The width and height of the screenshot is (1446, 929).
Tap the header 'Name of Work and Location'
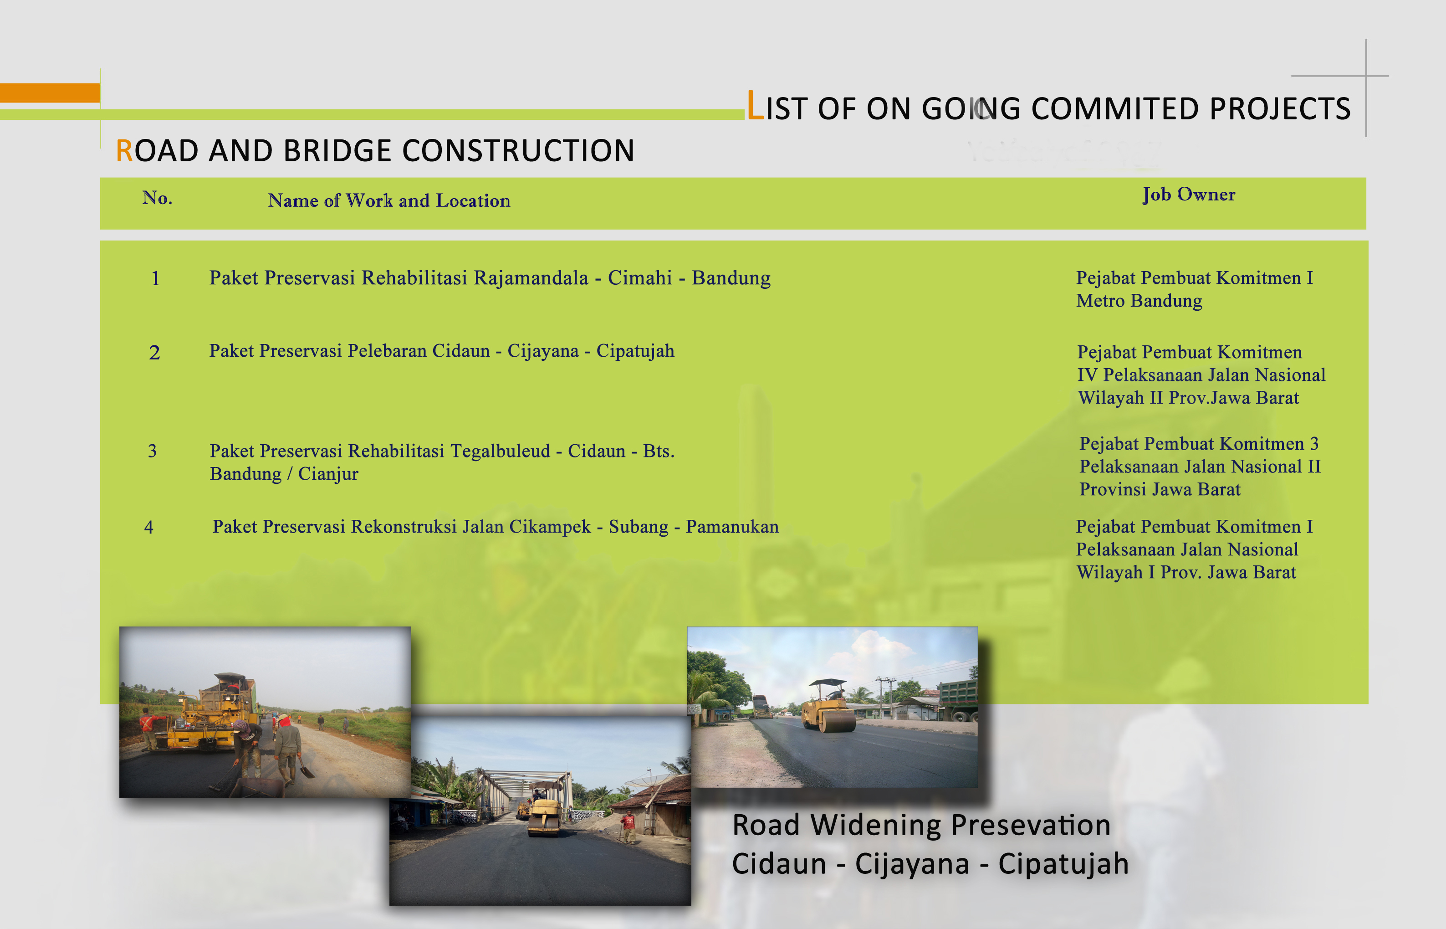point(389,200)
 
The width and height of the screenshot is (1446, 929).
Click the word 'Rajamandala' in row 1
point(531,277)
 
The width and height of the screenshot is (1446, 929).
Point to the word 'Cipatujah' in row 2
point(636,352)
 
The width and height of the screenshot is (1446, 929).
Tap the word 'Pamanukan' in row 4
point(733,527)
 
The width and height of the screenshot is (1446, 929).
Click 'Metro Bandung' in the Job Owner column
point(1139,300)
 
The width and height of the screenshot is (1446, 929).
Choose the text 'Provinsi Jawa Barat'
point(1160,489)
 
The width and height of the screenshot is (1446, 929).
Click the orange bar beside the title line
point(50,92)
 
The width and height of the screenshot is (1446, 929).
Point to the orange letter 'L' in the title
point(755,106)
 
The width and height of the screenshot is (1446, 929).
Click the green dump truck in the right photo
point(959,700)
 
